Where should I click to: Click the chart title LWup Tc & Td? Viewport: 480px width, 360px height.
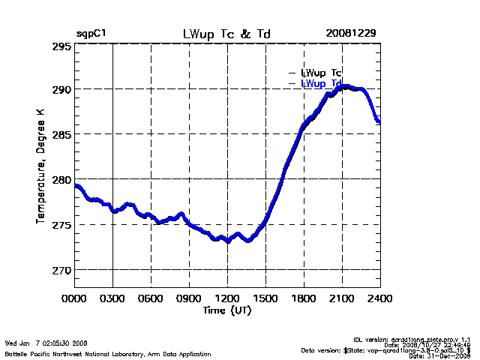[x=227, y=34]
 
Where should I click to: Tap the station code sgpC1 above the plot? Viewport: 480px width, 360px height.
[x=89, y=34]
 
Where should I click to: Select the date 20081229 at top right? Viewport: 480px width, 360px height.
[x=351, y=34]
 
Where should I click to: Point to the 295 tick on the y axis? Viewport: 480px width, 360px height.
[x=62, y=46]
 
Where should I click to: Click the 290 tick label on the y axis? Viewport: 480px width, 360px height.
[x=62, y=89]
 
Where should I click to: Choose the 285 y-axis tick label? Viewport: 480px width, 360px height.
[x=62, y=134]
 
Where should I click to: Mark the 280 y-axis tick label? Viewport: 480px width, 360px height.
[x=62, y=179]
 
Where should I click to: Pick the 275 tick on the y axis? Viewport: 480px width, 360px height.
[x=62, y=224]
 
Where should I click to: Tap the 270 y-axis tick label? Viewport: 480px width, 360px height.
[x=62, y=269]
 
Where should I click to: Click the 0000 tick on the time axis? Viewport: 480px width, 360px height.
[x=74, y=299]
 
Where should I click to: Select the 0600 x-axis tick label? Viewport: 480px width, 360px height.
[x=151, y=299]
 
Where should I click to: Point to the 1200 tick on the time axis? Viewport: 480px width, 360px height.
[x=227, y=299]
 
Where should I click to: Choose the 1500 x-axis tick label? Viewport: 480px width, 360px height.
[x=265, y=299]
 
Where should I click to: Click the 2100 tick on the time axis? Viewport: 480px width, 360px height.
[x=342, y=299]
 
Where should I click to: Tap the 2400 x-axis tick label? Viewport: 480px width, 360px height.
[x=379, y=299]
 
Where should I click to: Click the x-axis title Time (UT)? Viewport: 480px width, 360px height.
[x=227, y=310]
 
